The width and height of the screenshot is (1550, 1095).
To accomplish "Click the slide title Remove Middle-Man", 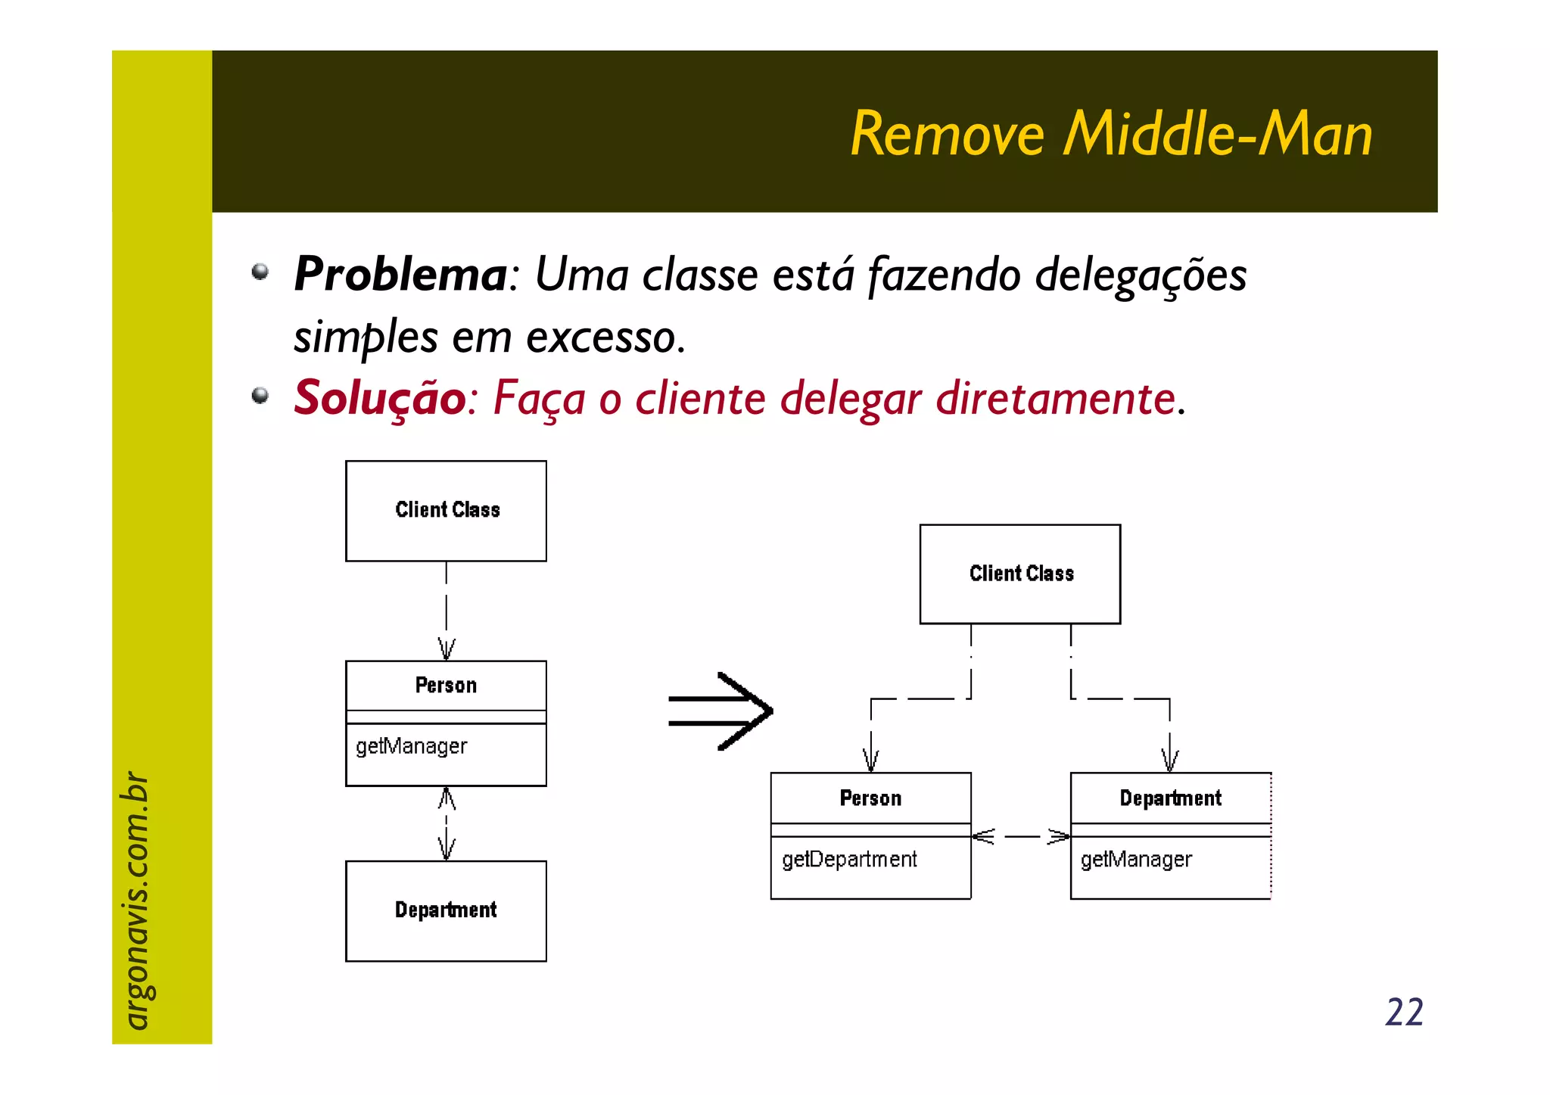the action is [x=1111, y=134].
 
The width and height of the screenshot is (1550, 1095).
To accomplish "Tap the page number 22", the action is [x=1404, y=1012].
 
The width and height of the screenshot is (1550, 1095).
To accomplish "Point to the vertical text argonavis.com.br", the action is [x=136, y=900].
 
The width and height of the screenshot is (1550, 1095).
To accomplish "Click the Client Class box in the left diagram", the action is [x=447, y=511].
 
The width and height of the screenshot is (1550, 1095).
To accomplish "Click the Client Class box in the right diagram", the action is [x=1020, y=574].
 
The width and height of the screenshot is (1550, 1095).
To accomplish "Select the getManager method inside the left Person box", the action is [x=412, y=746].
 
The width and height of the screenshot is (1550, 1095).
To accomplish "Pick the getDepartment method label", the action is [x=849, y=860].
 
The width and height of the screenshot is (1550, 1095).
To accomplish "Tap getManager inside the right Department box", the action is [x=1136, y=860].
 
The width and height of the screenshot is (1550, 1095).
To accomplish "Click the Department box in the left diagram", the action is [x=447, y=910].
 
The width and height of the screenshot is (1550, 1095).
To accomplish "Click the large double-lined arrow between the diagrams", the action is [x=721, y=711].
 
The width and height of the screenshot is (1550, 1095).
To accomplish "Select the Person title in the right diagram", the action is [x=870, y=798].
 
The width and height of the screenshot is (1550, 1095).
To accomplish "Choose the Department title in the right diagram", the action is [x=1170, y=798].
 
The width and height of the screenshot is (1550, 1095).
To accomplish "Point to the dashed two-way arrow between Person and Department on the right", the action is [x=1021, y=836].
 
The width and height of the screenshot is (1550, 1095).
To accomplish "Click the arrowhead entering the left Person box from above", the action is [x=447, y=649].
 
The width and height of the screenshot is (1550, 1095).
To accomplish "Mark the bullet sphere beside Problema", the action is [x=260, y=271].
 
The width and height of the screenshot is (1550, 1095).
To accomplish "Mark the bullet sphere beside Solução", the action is [x=260, y=395].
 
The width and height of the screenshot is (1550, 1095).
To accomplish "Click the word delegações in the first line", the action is [x=1141, y=274].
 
